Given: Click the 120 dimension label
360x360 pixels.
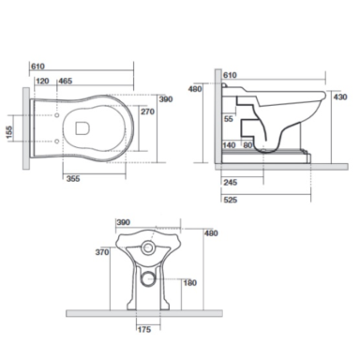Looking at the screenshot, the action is [42, 82].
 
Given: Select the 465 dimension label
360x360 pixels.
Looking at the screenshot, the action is [66, 82].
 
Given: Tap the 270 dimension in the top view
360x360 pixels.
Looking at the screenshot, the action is [147, 112].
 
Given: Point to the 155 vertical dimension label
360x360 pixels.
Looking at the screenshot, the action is [9, 133].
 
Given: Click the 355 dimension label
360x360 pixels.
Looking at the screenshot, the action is [73, 179].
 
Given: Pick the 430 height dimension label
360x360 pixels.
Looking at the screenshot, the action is [340, 97].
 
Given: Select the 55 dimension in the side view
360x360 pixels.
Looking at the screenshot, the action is [229, 119].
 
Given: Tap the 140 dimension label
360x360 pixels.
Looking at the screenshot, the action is [229, 145].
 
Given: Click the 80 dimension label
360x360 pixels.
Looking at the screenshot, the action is [247, 145].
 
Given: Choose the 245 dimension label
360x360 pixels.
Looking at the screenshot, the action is [231, 183].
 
